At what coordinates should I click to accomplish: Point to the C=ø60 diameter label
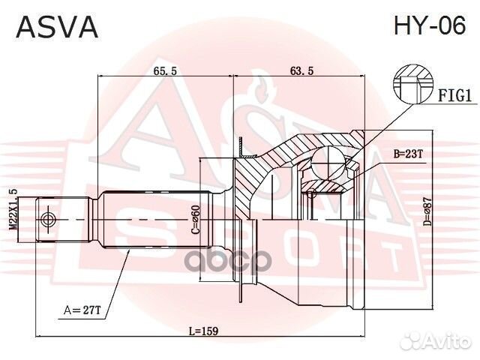coord(195,220)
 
